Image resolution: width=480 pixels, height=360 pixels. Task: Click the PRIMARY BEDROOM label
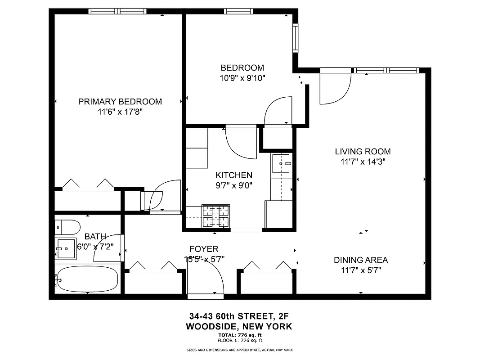pos(120,102)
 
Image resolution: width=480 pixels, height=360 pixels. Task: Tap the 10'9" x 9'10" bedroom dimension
pos(242,78)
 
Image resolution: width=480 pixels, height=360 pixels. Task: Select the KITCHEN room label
pos(233,175)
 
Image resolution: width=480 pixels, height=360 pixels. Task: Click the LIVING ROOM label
pos(363,152)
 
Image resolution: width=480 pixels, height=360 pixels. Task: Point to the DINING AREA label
pos(360,260)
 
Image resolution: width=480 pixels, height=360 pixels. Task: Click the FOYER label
pos(204,249)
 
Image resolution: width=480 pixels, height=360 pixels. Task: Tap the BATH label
pos(95,236)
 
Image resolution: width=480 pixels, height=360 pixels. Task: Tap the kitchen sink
pos(282,164)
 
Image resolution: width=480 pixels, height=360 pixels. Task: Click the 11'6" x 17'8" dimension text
pos(120,112)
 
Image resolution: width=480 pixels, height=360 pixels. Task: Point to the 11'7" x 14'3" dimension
pos(363,162)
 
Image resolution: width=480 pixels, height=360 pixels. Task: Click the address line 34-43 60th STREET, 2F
pos(239,316)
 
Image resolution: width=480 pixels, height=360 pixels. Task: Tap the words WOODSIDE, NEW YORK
pos(239,327)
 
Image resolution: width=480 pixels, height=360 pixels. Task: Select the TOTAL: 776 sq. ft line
pos(239,335)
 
